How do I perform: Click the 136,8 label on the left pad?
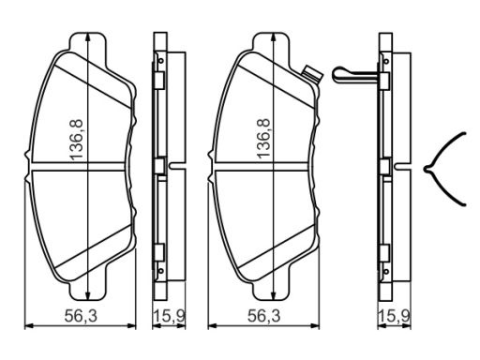[77, 140]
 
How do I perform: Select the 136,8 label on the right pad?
[262, 138]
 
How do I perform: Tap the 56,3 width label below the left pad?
[81, 316]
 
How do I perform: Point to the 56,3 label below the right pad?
[264, 316]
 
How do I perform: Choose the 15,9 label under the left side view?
[169, 316]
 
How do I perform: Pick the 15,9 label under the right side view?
[394, 316]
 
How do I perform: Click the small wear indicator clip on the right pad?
[310, 74]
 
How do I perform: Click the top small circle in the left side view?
[161, 61]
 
